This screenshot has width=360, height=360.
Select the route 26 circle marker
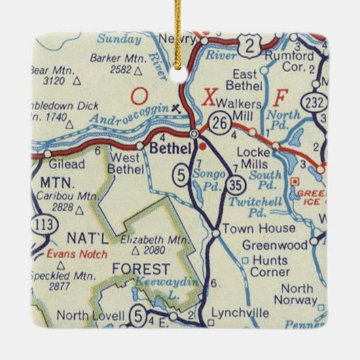point(220,122)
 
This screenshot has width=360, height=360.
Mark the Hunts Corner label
point(267,266)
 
